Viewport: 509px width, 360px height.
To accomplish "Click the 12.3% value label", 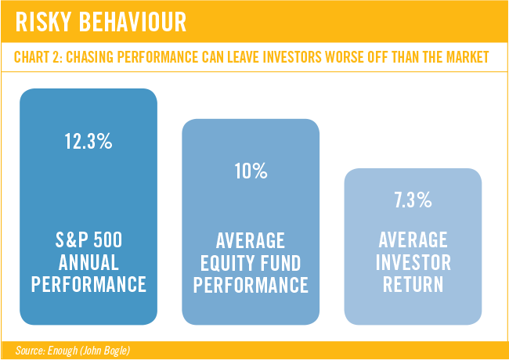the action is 88,142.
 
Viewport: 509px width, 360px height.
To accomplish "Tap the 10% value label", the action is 251,171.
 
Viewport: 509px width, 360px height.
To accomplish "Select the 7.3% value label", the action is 413,200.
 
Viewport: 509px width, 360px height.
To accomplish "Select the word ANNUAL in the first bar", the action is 88,263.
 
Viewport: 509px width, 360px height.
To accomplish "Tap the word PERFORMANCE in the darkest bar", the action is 88,284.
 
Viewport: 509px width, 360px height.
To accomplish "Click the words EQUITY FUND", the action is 251,264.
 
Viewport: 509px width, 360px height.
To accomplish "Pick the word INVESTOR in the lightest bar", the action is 413,263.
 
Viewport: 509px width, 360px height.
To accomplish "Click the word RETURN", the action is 413,284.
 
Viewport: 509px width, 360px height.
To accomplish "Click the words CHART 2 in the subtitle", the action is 40,57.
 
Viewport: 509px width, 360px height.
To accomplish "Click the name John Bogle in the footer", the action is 108,351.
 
